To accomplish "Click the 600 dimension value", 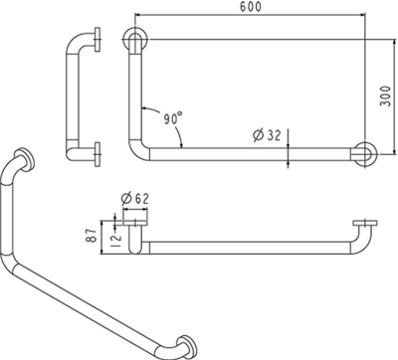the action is point(251,7).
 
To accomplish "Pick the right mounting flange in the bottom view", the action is point(365,223).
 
